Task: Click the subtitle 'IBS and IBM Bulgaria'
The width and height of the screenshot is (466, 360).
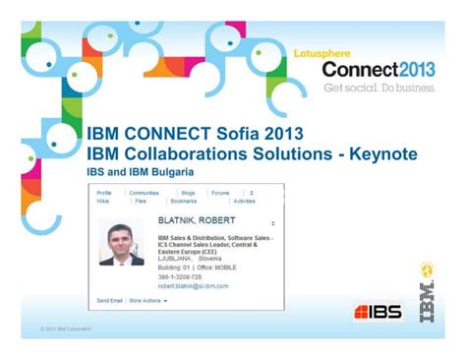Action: click(146, 171)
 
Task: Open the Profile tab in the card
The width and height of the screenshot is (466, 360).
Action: click(104, 193)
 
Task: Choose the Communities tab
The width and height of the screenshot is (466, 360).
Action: click(144, 193)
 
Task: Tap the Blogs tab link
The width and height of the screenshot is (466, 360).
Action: click(187, 193)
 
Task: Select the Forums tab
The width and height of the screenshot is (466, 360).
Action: click(220, 193)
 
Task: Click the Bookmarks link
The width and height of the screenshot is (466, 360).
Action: click(198, 201)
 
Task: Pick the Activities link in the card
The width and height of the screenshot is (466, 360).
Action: click(244, 201)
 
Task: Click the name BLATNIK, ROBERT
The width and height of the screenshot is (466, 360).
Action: click(196, 221)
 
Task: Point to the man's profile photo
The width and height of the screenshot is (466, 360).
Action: click(121, 244)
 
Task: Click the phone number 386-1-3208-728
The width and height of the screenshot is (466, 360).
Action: click(185, 278)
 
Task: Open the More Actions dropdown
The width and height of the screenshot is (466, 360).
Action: click(148, 300)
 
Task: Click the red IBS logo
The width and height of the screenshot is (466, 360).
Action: click(378, 313)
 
